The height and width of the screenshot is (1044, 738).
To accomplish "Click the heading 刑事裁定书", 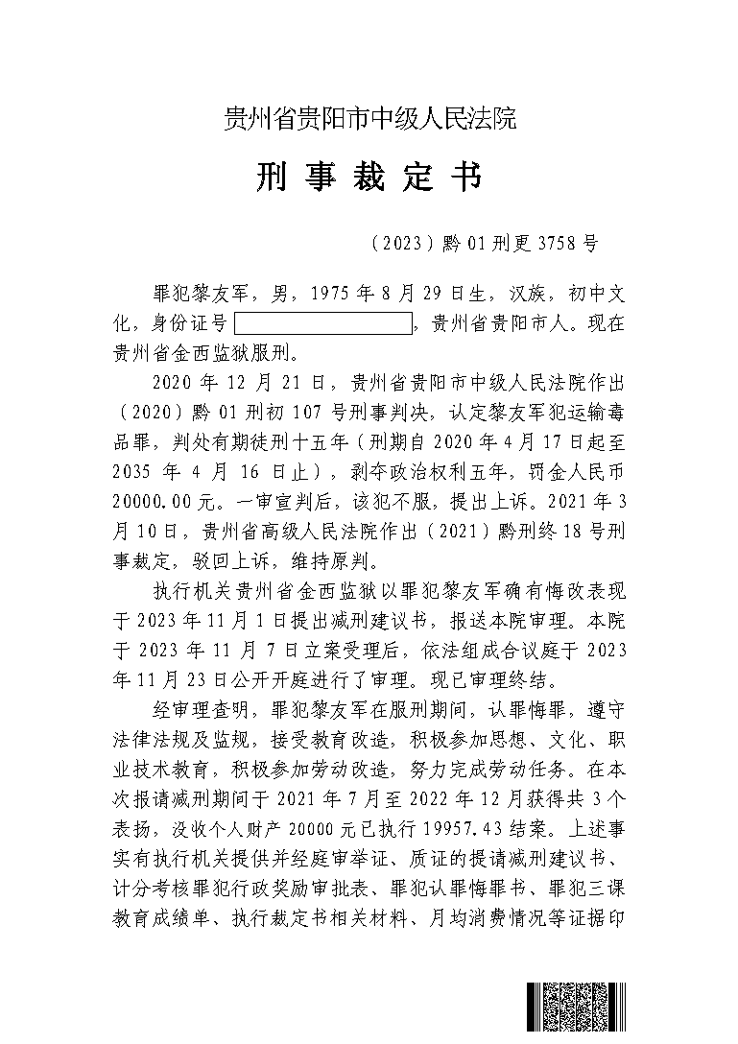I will coord(369,178).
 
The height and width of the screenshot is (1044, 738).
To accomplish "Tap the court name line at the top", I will coord(369,120).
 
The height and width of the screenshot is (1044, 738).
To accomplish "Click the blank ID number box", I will coord(321,323).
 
